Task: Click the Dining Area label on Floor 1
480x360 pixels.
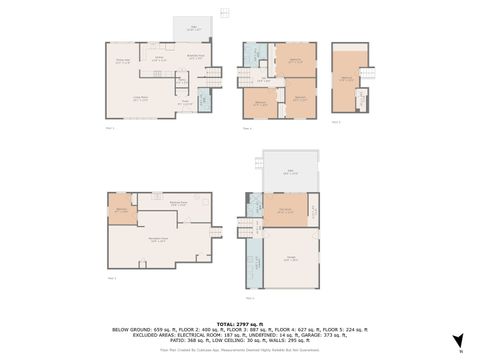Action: pos(124,63)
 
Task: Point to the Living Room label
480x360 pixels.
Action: pos(142,96)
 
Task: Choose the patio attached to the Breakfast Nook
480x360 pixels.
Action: pos(195,30)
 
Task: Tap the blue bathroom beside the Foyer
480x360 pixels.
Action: pos(203,99)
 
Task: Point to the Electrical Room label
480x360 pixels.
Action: pos(181,203)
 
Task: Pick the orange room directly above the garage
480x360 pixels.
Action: pos(285,210)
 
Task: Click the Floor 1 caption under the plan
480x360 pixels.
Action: pos(111,129)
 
